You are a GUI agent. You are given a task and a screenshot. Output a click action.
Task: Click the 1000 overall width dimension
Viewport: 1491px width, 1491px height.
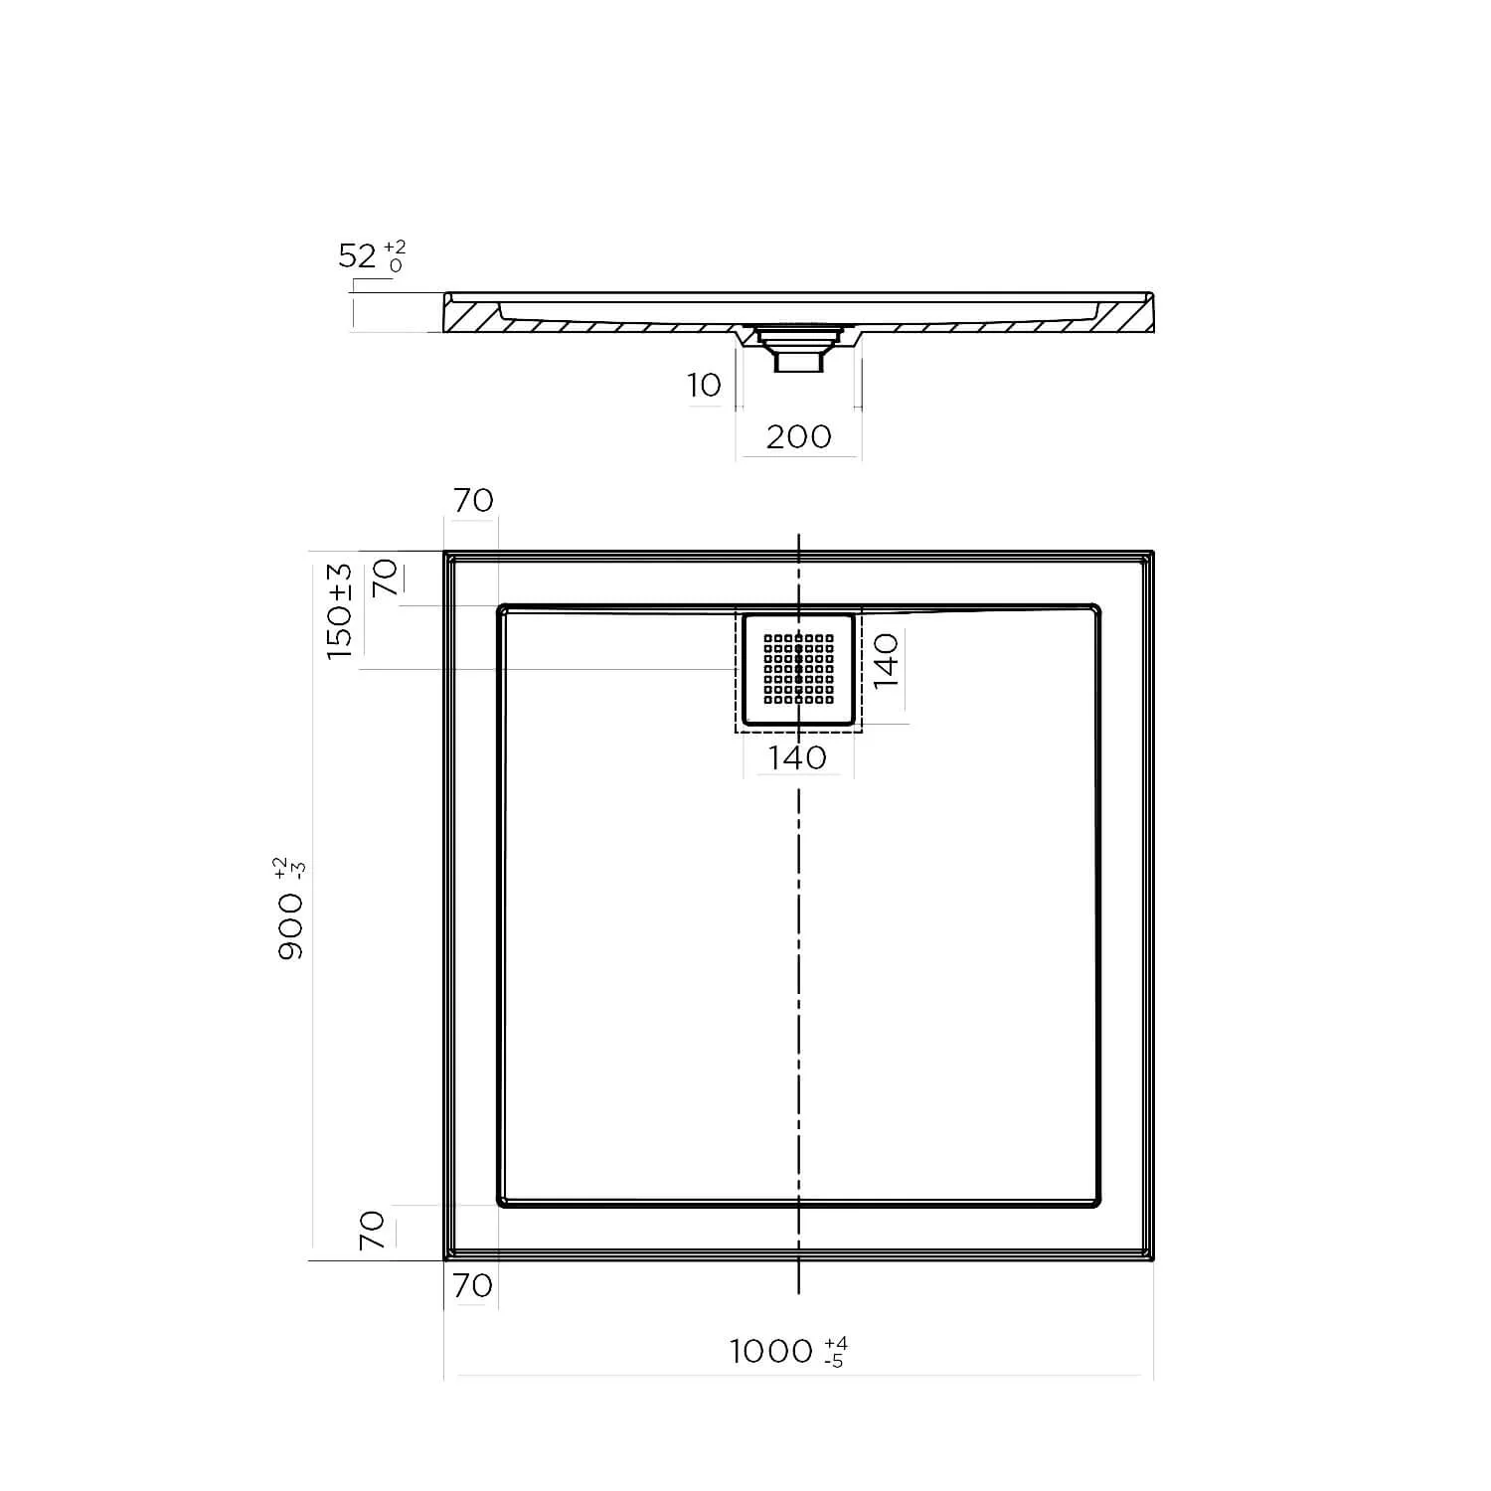[771, 1352]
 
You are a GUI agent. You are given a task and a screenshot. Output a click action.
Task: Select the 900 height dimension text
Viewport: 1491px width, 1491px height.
[290, 924]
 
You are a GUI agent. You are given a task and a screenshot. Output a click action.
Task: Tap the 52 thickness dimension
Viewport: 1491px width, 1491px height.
[357, 256]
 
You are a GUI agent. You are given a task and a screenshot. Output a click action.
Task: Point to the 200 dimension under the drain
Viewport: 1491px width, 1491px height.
[798, 436]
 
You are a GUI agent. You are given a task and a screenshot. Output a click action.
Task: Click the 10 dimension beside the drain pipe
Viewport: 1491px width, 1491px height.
[704, 385]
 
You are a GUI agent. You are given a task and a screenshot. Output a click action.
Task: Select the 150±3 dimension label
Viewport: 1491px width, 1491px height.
[340, 610]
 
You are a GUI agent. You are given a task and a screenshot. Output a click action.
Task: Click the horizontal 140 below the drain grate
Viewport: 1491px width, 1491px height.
[798, 757]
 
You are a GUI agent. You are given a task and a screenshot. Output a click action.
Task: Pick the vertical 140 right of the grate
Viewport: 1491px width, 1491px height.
[886, 659]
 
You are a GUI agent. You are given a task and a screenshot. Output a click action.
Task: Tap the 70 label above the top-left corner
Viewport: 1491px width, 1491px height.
[472, 500]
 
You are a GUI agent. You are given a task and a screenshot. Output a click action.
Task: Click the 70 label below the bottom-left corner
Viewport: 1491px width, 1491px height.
[472, 1285]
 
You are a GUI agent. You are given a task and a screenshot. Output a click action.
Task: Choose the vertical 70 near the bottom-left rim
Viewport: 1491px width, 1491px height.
[372, 1230]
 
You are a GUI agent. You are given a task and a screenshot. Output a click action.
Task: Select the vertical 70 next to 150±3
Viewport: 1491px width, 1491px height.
[386, 577]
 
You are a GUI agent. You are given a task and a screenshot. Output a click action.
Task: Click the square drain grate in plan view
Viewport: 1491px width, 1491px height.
[798, 669]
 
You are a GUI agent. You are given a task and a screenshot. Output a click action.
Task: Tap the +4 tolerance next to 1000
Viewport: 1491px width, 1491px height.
[836, 1344]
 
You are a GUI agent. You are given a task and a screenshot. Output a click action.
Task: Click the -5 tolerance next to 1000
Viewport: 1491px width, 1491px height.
[834, 1361]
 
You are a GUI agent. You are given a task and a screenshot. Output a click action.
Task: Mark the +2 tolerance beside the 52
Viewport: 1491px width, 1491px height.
[395, 248]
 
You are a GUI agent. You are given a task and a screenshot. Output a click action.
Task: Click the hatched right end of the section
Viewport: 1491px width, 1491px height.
[1128, 317]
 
